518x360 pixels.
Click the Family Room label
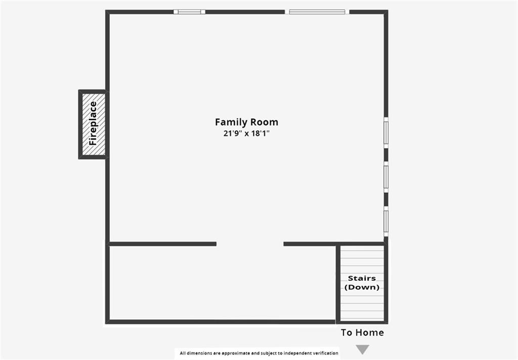(x=246, y=122)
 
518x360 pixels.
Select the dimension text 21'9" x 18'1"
(x=246, y=133)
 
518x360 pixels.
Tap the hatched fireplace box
(x=94, y=124)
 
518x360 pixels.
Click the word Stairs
(x=362, y=278)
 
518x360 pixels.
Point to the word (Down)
(x=362, y=287)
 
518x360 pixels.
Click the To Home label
(x=362, y=333)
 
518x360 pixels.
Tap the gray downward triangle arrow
(x=362, y=349)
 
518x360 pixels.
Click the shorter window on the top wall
(x=189, y=12)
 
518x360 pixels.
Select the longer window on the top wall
(x=317, y=12)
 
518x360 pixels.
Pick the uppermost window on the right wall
(x=386, y=132)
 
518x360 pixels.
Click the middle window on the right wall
(x=386, y=176)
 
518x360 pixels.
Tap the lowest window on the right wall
(x=386, y=221)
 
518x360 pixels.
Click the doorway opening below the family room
(x=250, y=244)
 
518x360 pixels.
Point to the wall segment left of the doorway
(x=162, y=244)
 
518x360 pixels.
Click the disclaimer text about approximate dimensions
(x=259, y=353)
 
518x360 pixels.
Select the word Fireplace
(x=93, y=123)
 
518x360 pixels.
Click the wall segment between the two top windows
(x=245, y=12)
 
